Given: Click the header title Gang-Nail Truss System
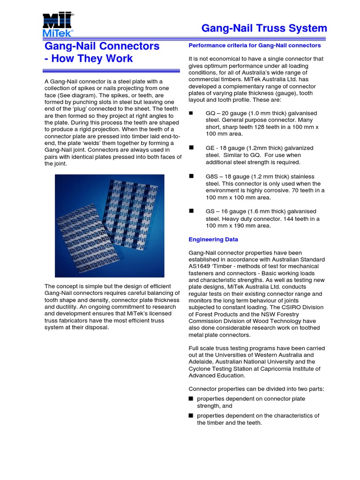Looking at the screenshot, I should tap(264, 29).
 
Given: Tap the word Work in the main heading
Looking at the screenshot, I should tap(119, 59).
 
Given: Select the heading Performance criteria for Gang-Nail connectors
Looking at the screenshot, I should tap(255, 45).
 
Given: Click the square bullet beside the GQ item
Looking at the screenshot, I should tap(191, 113).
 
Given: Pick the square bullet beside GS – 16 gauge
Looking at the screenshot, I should tap(191, 211).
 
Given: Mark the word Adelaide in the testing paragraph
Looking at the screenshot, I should tap(202, 362).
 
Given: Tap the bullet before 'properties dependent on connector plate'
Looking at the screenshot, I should tap(191, 398).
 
